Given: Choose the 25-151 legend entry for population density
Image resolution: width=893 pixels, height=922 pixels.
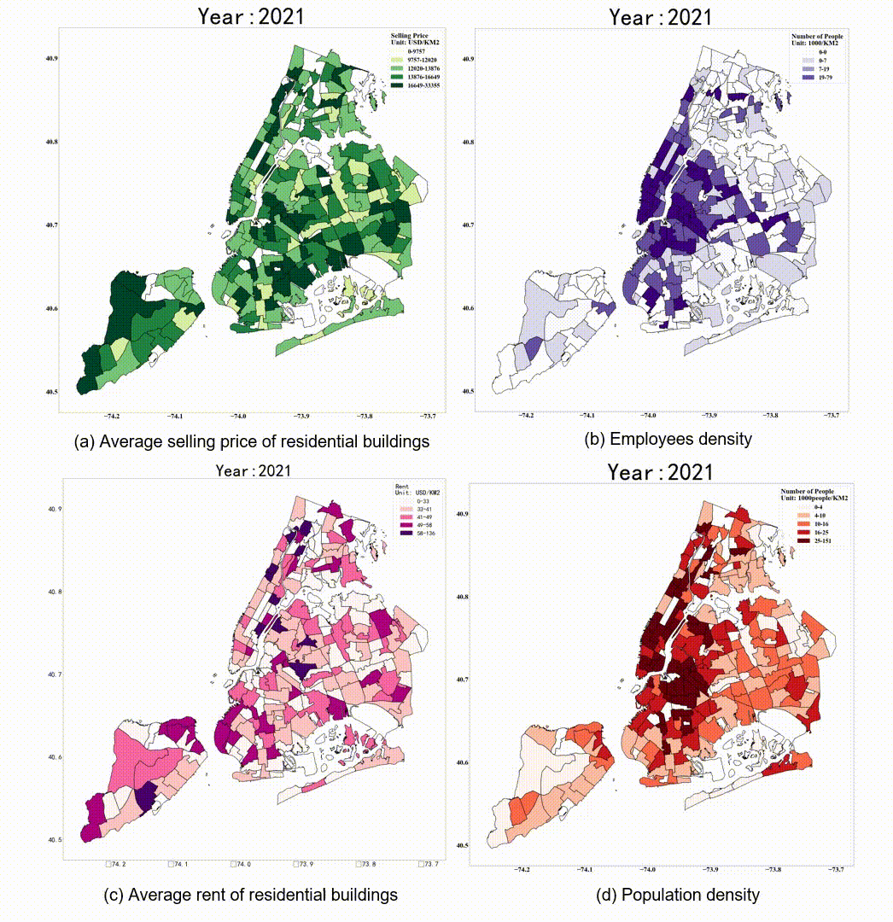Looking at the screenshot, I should [809, 541].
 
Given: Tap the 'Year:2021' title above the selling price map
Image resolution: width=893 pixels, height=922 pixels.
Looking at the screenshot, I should [251, 15].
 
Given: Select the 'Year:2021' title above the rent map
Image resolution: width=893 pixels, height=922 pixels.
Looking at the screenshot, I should [253, 470].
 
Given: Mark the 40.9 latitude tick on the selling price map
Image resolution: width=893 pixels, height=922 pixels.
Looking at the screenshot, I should [52, 59].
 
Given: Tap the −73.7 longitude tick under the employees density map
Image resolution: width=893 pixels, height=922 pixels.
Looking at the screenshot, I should [832, 416].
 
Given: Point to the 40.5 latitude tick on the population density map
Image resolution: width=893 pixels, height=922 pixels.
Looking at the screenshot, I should [461, 845].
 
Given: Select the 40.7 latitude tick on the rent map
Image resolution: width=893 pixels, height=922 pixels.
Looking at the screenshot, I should [55, 674].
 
